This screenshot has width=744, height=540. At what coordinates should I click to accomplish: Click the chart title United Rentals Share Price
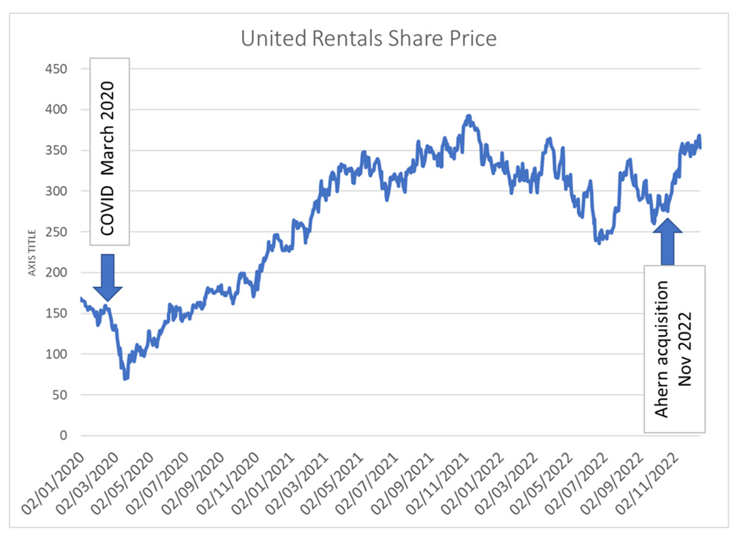point(369,38)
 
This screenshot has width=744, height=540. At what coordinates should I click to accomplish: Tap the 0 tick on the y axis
point(63,436)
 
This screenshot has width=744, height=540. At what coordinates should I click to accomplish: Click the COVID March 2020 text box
point(110,152)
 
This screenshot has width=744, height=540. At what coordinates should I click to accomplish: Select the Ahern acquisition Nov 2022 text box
point(674,349)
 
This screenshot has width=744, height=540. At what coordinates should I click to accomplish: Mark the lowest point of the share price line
point(125,378)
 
